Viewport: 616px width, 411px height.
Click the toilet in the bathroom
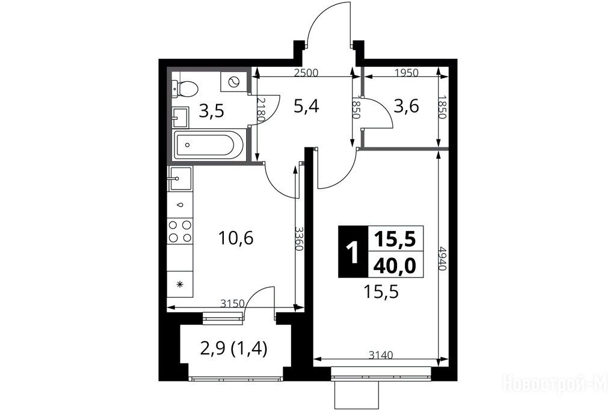tap(185, 89)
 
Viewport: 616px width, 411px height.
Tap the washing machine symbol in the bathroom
tap(233, 82)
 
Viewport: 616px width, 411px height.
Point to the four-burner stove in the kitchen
tap(180, 231)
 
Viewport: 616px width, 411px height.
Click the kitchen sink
tap(180, 179)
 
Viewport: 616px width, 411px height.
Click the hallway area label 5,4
tap(306, 106)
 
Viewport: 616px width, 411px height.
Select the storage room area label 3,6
tap(406, 106)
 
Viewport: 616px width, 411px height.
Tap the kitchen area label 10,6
tap(236, 238)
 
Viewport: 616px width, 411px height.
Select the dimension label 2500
tap(306, 73)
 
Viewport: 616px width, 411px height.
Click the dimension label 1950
tap(407, 73)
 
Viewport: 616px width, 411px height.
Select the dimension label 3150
tap(233, 303)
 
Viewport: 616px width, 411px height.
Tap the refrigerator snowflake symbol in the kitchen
tap(180, 283)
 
